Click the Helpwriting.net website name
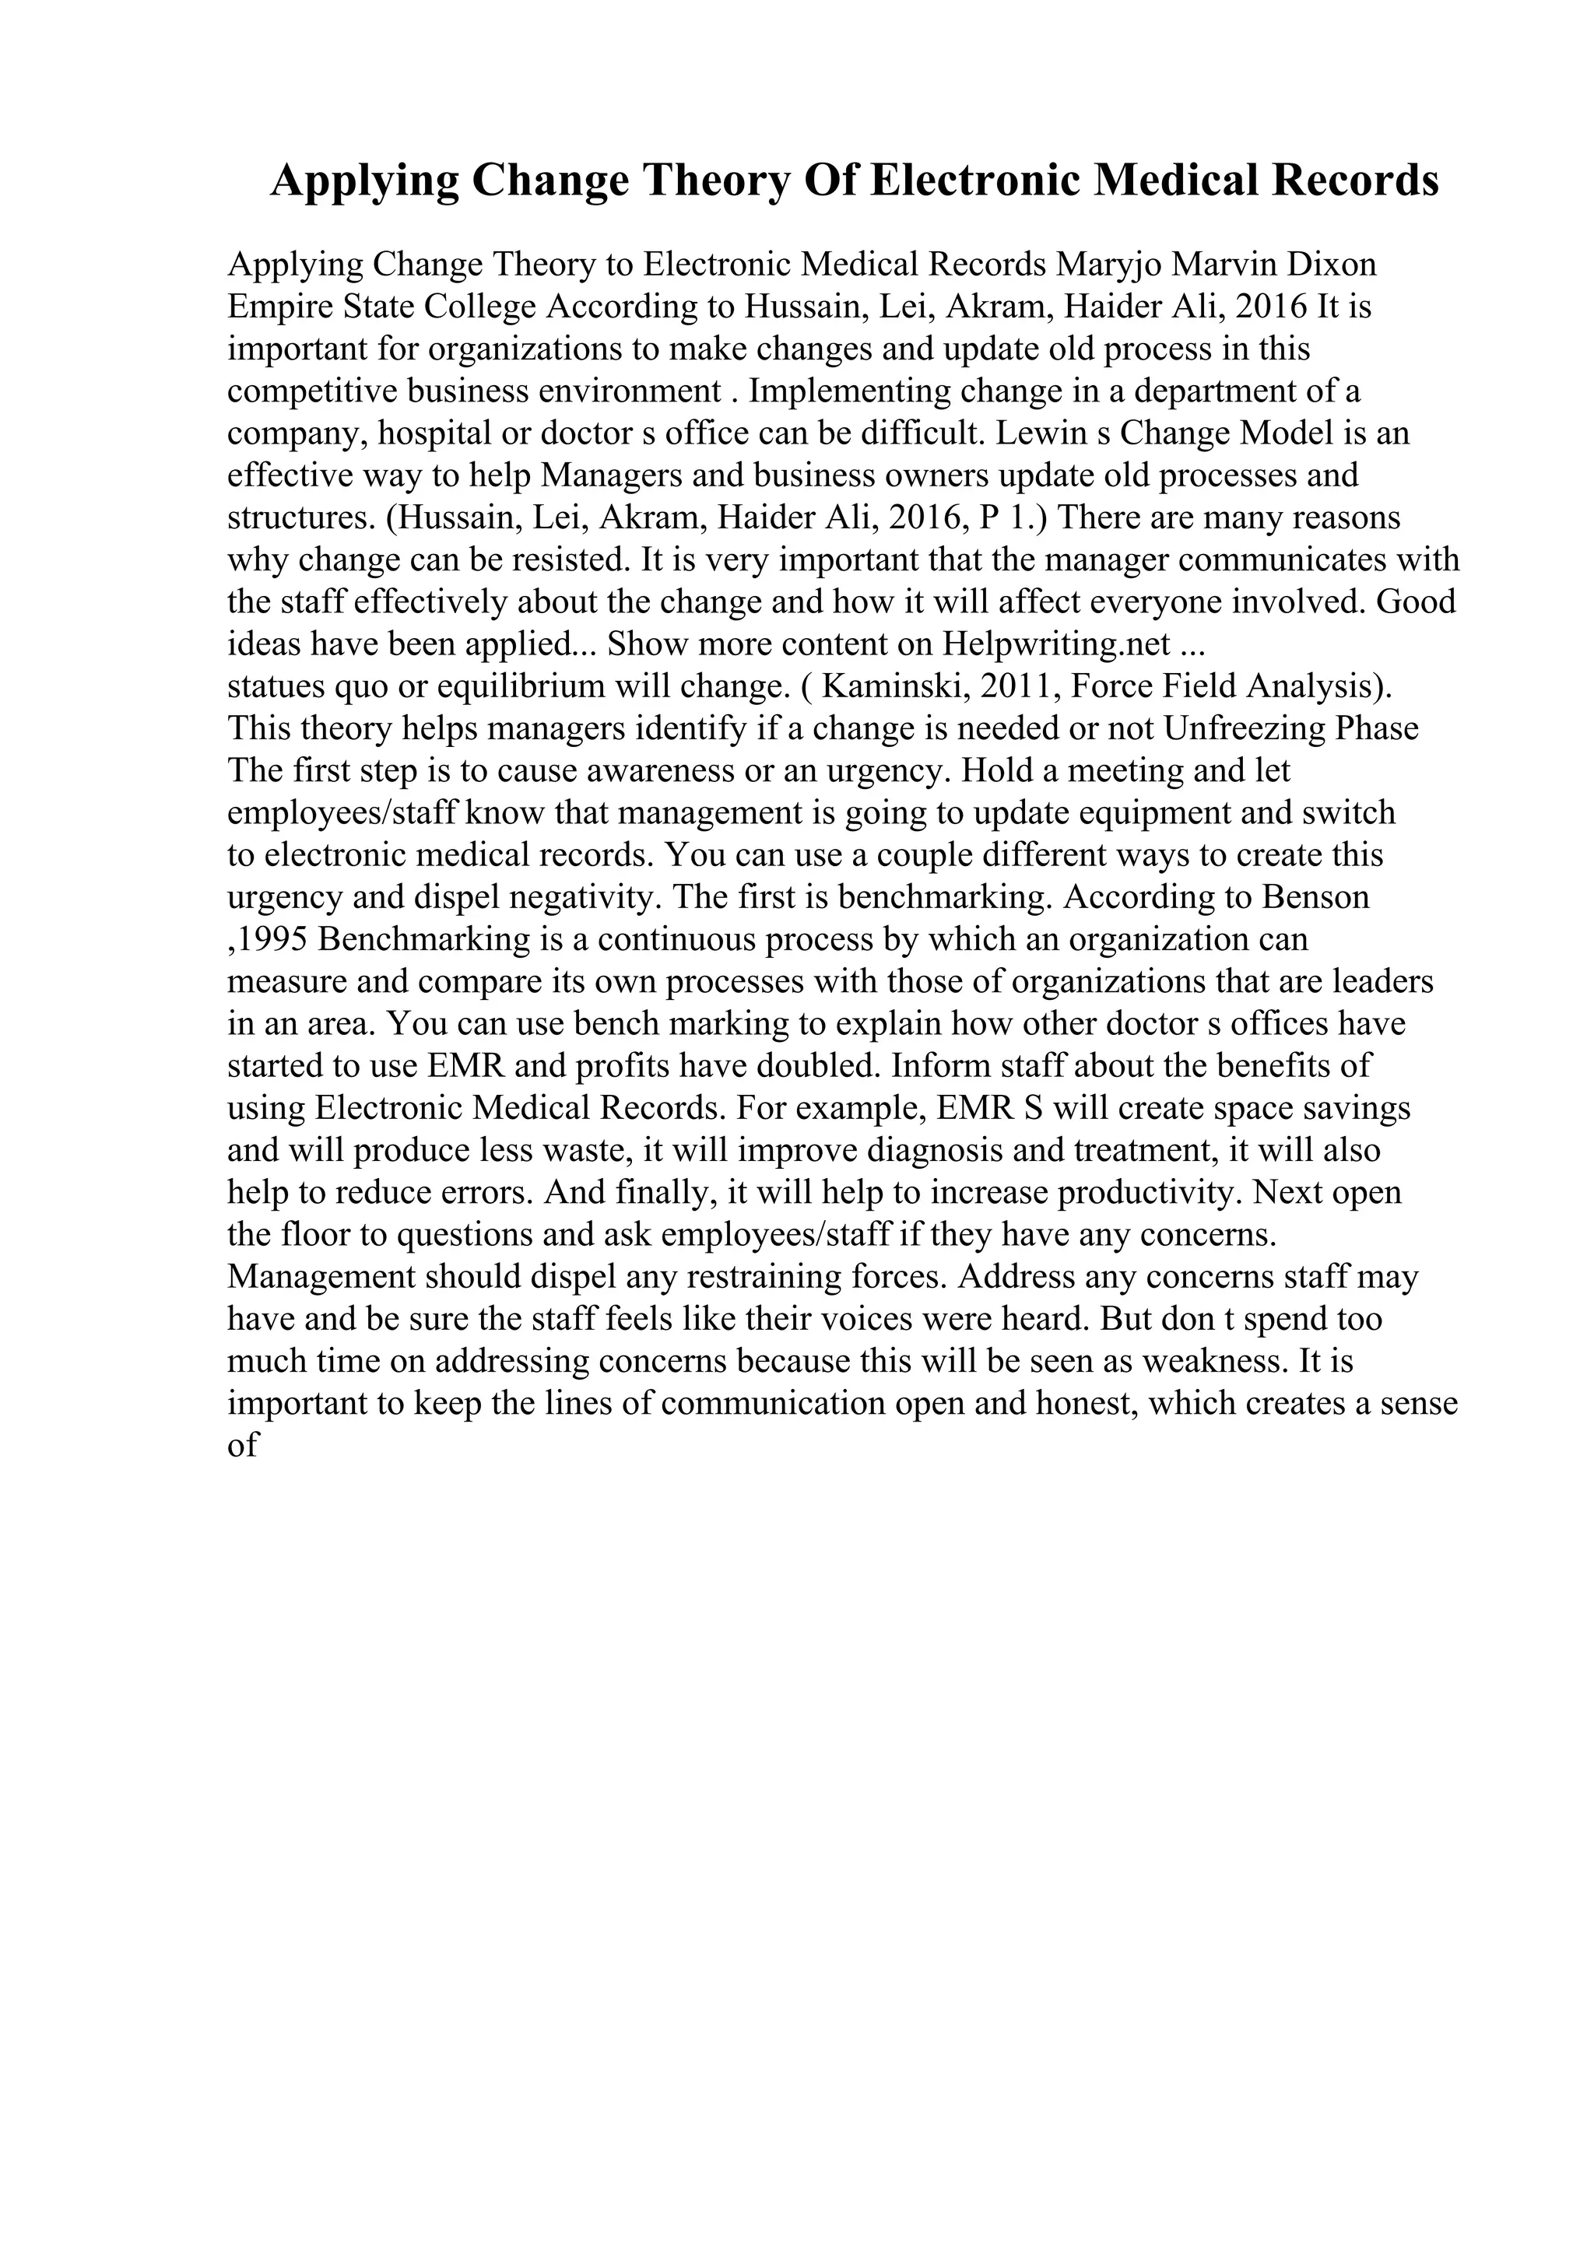click(1057, 644)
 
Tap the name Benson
click(1316, 896)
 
